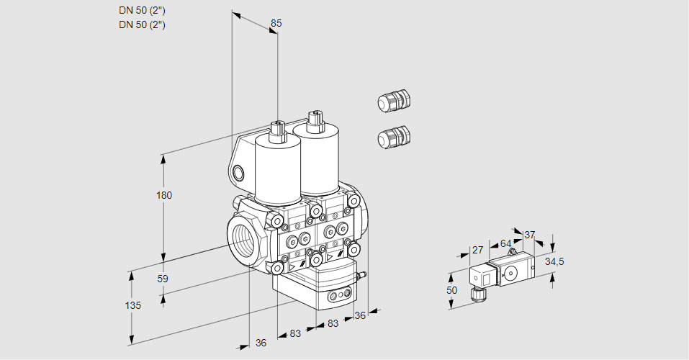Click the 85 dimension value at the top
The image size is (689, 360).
click(276, 23)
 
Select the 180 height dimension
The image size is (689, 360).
click(164, 195)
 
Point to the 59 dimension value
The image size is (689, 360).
click(163, 279)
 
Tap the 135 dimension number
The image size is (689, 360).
click(132, 305)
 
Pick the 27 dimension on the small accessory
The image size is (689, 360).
click(477, 251)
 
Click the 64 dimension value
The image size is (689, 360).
click(505, 243)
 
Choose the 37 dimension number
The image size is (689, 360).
click(530, 235)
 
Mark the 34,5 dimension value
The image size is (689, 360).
click(554, 261)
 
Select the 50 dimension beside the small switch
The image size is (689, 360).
click(451, 290)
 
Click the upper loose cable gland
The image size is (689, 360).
click(393, 101)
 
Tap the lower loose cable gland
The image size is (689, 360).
click(394, 137)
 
